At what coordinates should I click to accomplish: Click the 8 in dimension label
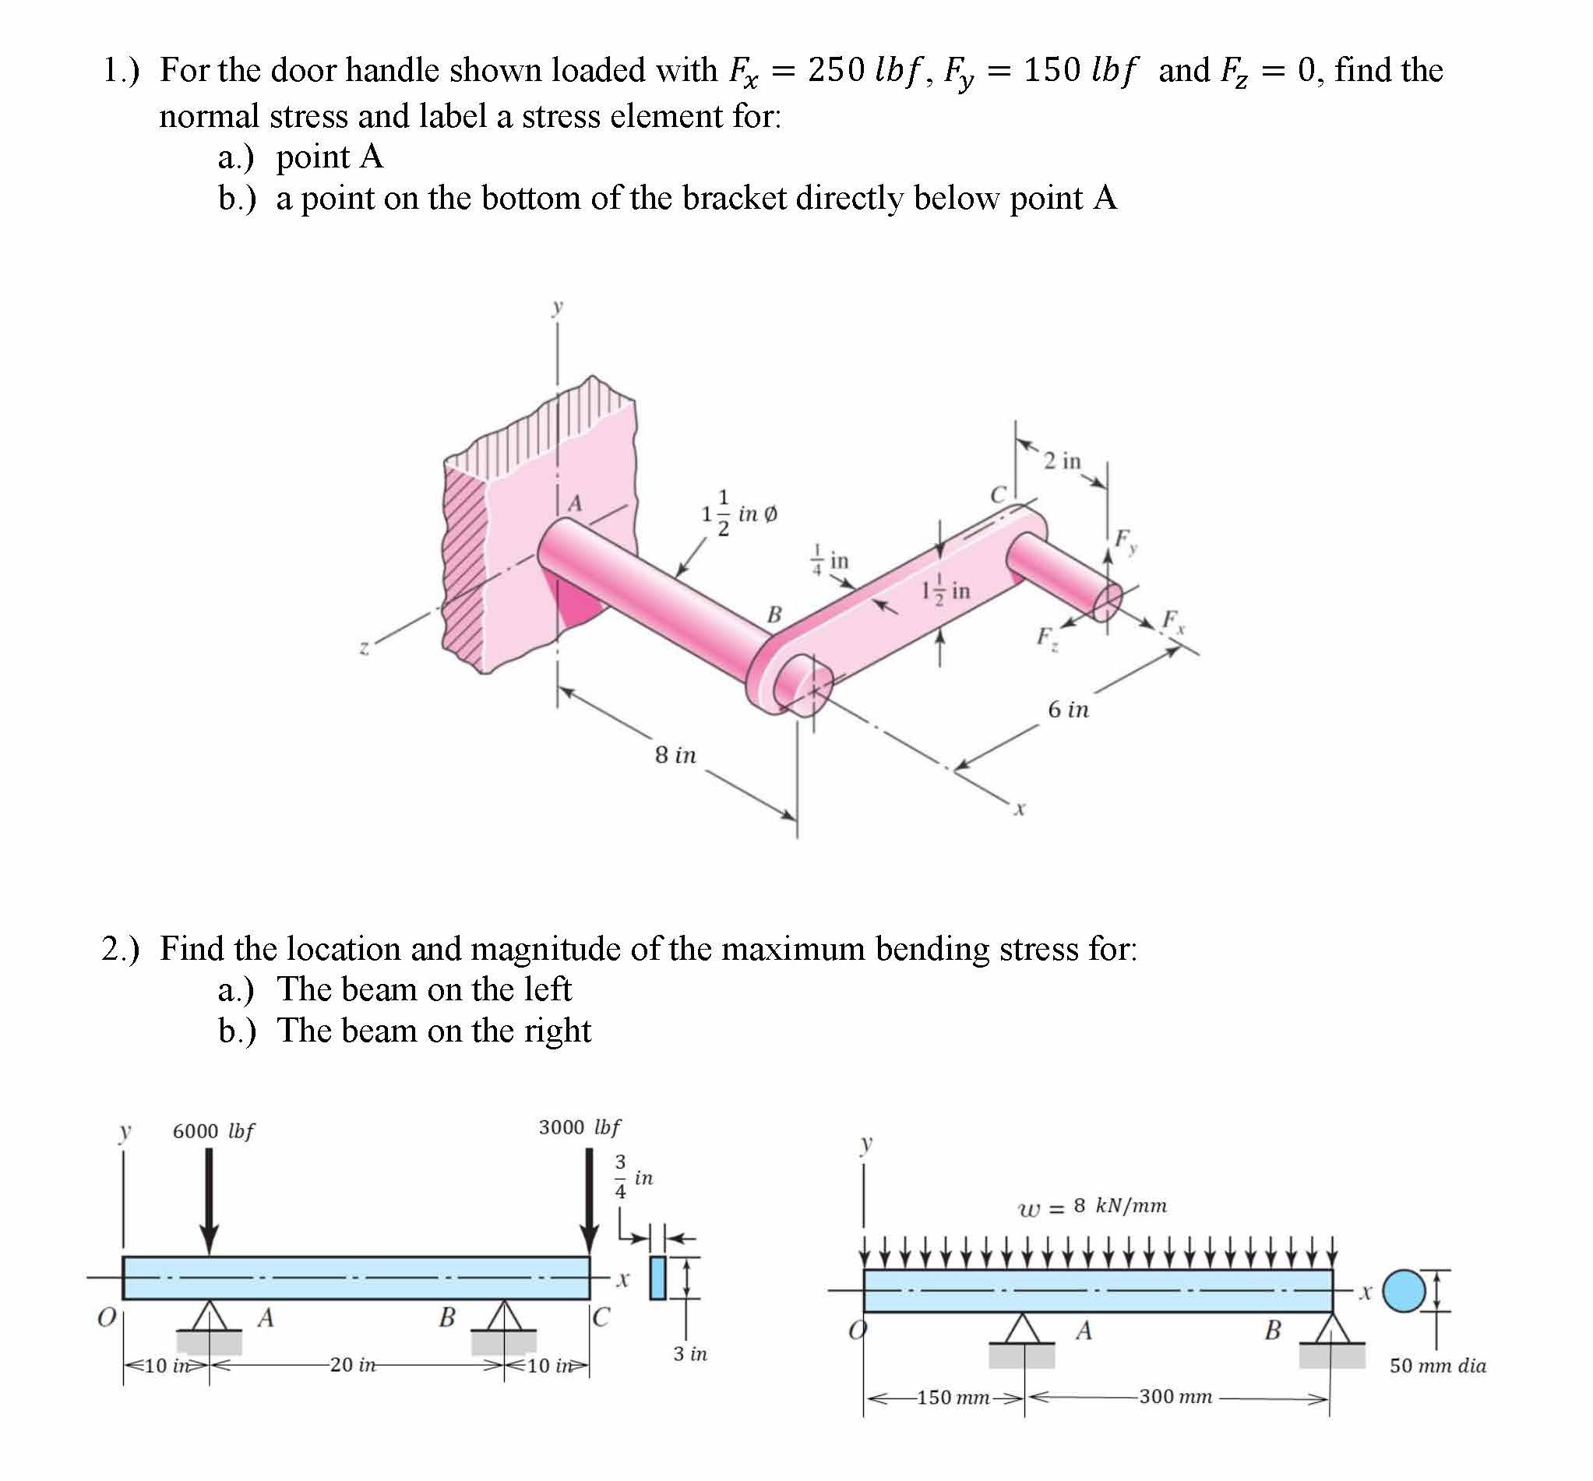pyautogui.click(x=675, y=755)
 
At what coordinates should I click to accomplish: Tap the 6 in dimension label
pyautogui.click(x=1068, y=709)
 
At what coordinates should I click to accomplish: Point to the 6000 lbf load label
pyautogui.click(x=213, y=1131)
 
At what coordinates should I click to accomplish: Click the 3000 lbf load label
pyautogui.click(x=580, y=1127)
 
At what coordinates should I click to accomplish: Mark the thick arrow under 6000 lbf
pyautogui.click(x=209, y=1201)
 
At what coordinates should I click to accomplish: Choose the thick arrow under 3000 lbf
pyautogui.click(x=590, y=1201)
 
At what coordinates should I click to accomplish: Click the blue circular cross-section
pyautogui.click(x=1403, y=1291)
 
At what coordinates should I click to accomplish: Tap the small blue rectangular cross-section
pyautogui.click(x=658, y=1278)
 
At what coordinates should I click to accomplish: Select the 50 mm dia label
pyautogui.click(x=1437, y=1366)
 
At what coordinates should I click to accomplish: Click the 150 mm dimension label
pyautogui.click(x=953, y=1398)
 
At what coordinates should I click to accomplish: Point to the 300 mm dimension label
pyautogui.click(x=1175, y=1396)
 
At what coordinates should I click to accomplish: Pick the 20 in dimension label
pyautogui.click(x=352, y=1364)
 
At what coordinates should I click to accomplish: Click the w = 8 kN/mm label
pyautogui.click(x=1092, y=1205)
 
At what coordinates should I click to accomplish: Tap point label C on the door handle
pyautogui.click(x=998, y=495)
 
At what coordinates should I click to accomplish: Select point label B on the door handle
pyautogui.click(x=774, y=615)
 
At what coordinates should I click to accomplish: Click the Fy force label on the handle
pyautogui.click(x=1125, y=540)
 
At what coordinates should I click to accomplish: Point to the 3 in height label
pyautogui.click(x=690, y=1353)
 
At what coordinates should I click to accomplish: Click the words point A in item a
pyautogui.click(x=330, y=157)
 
